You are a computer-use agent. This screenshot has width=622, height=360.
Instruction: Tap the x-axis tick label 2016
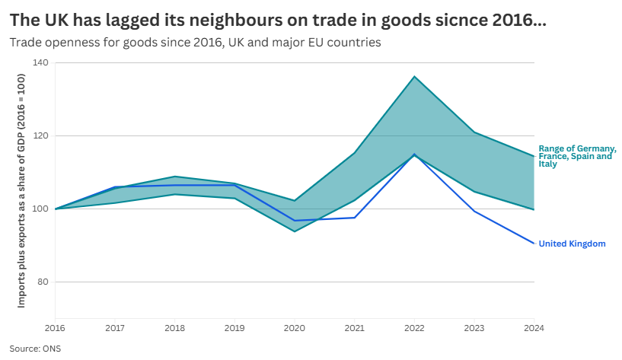coord(55,328)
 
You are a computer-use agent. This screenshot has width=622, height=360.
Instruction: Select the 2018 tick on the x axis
coord(175,328)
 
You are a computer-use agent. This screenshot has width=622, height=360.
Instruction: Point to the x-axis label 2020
coord(295,328)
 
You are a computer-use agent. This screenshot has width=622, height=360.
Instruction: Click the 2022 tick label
coord(414,328)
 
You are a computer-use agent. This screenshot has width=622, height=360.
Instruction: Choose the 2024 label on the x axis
coord(534,328)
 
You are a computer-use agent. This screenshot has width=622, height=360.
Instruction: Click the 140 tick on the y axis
coord(41,63)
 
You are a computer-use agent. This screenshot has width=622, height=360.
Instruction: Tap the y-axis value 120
coord(41,136)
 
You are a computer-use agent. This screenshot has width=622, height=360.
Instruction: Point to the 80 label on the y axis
coord(43,282)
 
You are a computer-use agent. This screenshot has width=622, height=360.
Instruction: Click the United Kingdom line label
coord(572,244)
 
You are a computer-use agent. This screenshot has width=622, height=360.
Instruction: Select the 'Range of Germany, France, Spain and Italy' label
coord(576,156)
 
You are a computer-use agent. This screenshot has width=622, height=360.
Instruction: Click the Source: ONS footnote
coord(35,349)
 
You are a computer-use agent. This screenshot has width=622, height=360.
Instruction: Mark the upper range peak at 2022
coord(414,76)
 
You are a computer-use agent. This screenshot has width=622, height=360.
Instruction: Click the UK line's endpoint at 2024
coord(534,244)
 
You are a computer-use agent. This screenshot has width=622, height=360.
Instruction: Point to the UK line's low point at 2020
coord(295,221)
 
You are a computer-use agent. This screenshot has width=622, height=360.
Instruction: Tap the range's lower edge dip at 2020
coord(295,231)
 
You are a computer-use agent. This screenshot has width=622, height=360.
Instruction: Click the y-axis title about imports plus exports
coord(22,191)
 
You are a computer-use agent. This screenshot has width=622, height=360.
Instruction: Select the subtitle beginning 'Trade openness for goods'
coord(195,42)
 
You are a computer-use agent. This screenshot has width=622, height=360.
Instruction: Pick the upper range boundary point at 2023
coord(474,132)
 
